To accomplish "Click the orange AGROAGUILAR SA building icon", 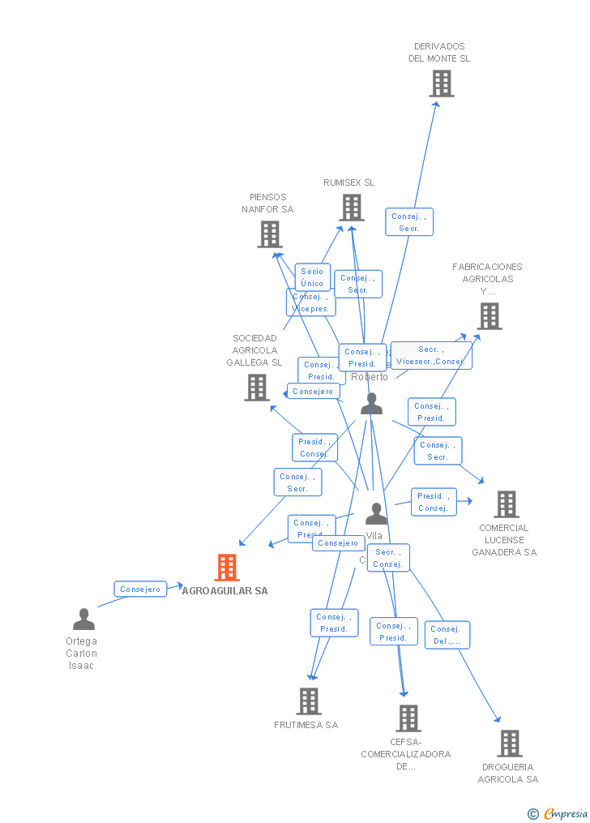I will coord(227,568).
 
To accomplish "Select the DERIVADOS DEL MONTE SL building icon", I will coord(442,84).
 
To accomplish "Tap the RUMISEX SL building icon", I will coord(352,208).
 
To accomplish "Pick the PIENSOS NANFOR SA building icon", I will coord(270,234).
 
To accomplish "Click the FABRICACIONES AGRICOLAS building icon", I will coord(490,316).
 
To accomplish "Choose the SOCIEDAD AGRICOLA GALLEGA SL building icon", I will coord(257,387).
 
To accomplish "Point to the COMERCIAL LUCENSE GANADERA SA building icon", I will coord(507,504).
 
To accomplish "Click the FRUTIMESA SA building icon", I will coord(309,701).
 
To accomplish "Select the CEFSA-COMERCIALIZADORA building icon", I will coord(408,718).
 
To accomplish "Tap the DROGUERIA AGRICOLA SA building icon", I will coord(510,743).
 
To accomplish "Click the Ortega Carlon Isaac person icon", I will coord(83,619).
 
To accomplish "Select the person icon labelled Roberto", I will coord(372,403).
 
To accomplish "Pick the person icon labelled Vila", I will coord(376,513).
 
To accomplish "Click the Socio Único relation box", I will coord(312,277).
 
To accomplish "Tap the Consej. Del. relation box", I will coord(447,635).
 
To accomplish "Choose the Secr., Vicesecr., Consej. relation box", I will coord(430,355).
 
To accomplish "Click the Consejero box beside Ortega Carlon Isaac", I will coord(139,589).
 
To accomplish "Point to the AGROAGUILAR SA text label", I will coord(224,591).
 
